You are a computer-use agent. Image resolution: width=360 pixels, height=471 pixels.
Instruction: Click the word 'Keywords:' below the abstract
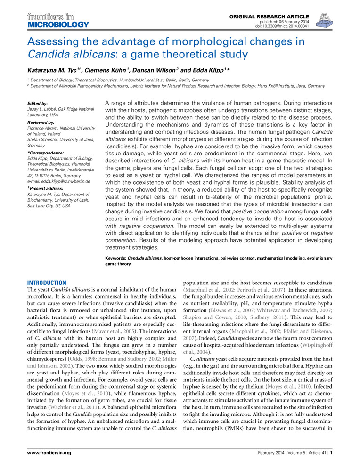coord(116,258)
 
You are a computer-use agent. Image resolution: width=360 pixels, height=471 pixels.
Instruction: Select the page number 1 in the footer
coord(332,453)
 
